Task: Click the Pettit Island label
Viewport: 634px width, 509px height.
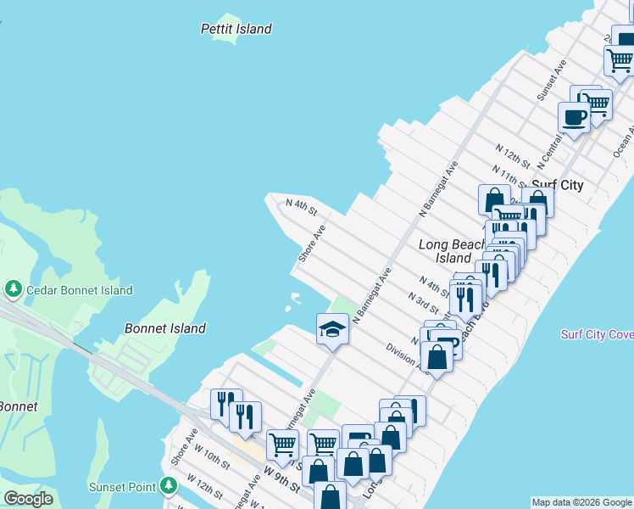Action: tap(236, 29)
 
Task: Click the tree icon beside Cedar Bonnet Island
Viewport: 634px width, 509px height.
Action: tap(13, 289)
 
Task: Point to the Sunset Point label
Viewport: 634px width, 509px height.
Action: tap(122, 487)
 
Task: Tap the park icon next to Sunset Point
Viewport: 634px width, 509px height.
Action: tap(169, 486)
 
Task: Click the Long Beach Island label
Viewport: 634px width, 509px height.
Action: tap(444, 251)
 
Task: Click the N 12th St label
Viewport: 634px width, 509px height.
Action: tap(514, 157)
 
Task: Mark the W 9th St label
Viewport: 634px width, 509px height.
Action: tap(281, 477)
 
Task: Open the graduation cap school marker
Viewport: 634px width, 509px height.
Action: tap(333, 328)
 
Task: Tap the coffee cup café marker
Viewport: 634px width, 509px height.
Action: tap(574, 117)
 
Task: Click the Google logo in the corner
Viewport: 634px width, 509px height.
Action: tap(29, 499)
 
